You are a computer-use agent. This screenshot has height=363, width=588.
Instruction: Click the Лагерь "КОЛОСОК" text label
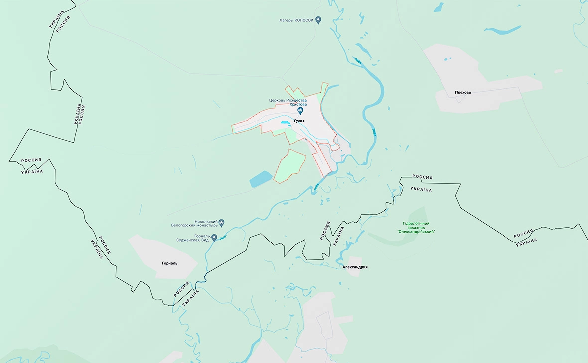[297, 20]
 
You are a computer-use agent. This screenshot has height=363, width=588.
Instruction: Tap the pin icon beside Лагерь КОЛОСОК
[319, 20]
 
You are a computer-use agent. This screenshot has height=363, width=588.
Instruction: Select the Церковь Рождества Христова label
[288, 102]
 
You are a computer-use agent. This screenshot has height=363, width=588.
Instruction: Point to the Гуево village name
[300, 121]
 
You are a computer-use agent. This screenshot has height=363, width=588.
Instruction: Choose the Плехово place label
[462, 92]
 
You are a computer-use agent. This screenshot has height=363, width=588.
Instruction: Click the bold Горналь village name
[169, 263]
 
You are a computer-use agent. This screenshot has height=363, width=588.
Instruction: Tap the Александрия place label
[355, 267]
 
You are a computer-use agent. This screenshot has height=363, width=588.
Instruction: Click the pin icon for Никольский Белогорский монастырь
[222, 223]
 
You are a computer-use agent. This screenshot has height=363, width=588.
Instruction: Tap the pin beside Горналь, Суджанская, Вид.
[214, 237]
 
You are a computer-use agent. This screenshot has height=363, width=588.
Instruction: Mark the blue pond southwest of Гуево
[261, 179]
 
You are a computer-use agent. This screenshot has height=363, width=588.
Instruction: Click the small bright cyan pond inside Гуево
[285, 122]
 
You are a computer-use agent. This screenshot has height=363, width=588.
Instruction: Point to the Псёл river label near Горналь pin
[222, 238]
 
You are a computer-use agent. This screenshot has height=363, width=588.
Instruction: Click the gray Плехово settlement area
[478, 87]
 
